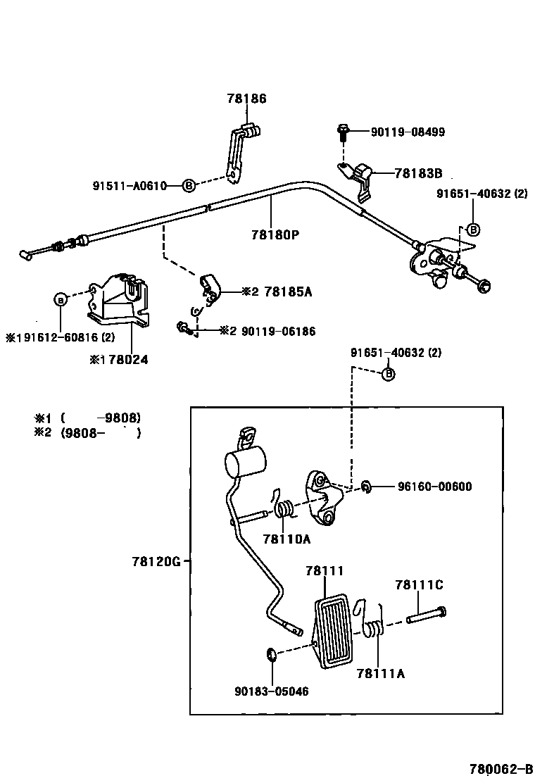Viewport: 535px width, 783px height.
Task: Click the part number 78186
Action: tap(246, 99)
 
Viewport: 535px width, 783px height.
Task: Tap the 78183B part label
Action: tap(418, 173)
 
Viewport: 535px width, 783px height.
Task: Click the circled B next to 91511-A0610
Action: tap(189, 186)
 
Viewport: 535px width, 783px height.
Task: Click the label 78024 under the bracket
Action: tap(124, 358)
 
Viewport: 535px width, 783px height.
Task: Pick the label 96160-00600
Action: tap(434, 487)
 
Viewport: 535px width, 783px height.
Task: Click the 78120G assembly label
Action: tap(156, 561)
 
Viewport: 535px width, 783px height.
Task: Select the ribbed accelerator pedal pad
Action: tap(332, 629)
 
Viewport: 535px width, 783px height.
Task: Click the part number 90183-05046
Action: tap(272, 691)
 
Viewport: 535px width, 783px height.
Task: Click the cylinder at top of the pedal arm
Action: tap(244, 462)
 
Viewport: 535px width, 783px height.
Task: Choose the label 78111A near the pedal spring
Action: tap(381, 673)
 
